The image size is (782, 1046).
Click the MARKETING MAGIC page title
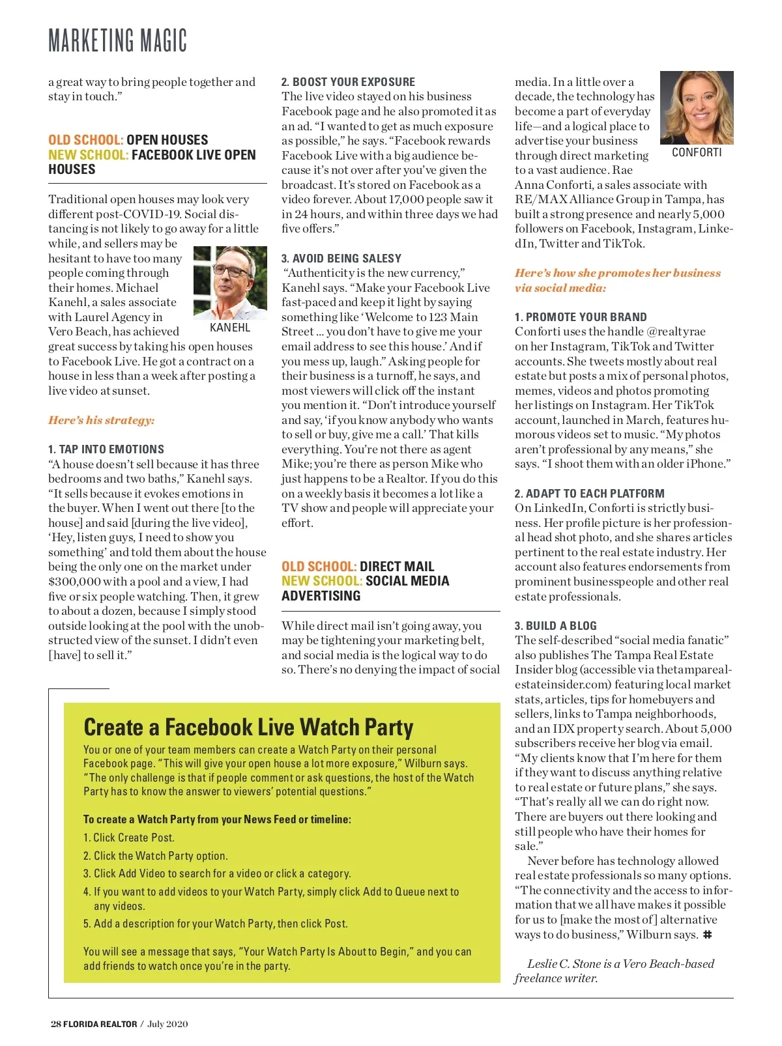tap(117, 40)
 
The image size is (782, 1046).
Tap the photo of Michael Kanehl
tap(230, 283)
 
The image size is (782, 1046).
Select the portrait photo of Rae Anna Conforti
tap(697, 107)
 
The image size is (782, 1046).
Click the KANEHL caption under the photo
tap(230, 328)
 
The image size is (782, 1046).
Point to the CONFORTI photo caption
tap(697, 152)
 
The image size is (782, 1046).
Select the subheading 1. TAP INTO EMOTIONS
tap(106, 449)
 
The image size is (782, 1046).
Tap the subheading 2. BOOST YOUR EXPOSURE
tap(348, 82)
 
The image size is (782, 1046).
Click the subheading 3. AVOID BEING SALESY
tap(341, 259)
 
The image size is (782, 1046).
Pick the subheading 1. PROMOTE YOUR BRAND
tap(581, 317)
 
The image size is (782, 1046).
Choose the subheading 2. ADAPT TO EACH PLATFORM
tap(589, 494)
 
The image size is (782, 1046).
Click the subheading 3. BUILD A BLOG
tap(555, 626)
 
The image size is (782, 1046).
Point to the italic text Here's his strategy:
tap(102, 420)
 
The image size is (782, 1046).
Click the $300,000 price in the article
tap(74, 582)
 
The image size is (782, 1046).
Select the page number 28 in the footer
tap(55, 1024)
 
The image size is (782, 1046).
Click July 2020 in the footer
tap(167, 1024)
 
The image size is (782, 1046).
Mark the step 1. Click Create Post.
tap(129, 838)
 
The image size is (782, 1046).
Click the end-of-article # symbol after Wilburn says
tap(707, 935)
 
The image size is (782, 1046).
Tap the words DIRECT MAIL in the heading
tap(397, 567)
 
